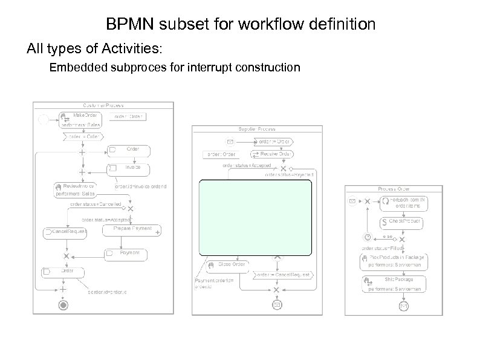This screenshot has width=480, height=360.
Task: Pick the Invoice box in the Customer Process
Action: (x=128, y=169)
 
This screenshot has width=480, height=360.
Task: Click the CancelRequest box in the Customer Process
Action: (x=65, y=232)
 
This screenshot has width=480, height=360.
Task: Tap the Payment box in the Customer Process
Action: (x=126, y=254)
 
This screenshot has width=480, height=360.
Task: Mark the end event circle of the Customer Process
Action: (x=63, y=305)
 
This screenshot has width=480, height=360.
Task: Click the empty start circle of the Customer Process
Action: (x=44, y=120)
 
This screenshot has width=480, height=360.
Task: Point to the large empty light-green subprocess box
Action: (x=256, y=218)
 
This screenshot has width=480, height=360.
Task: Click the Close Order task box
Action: (x=227, y=265)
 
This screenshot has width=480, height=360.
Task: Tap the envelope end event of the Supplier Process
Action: (x=276, y=305)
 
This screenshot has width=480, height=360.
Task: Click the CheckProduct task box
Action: (x=401, y=223)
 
